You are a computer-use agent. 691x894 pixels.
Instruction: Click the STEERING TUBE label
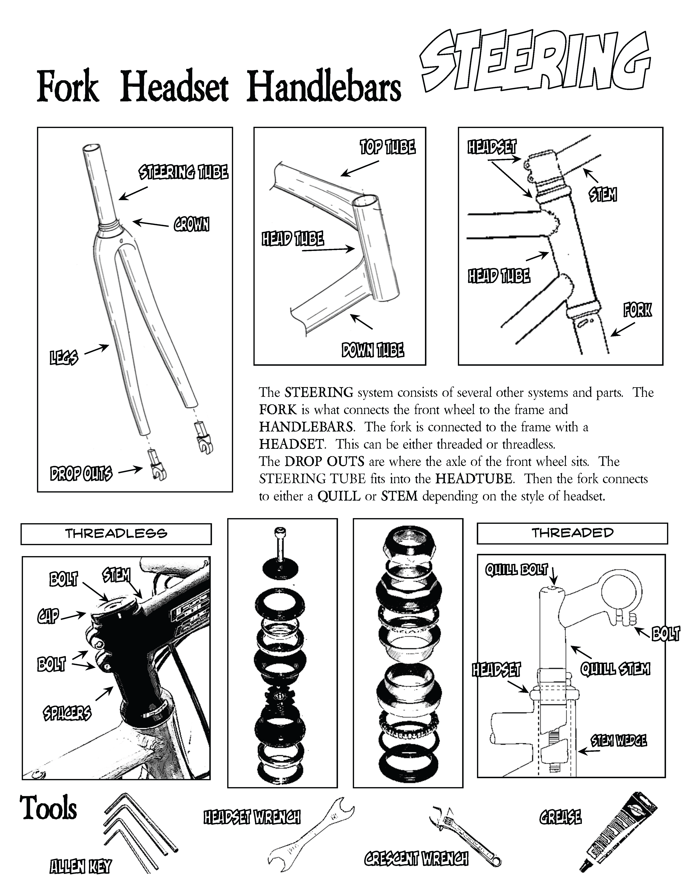pos(183,172)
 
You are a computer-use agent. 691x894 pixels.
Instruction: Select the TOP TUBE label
pos(387,147)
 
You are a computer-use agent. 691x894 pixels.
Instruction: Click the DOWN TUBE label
pos(373,350)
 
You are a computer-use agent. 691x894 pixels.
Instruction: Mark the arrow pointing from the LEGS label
pos(96,349)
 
